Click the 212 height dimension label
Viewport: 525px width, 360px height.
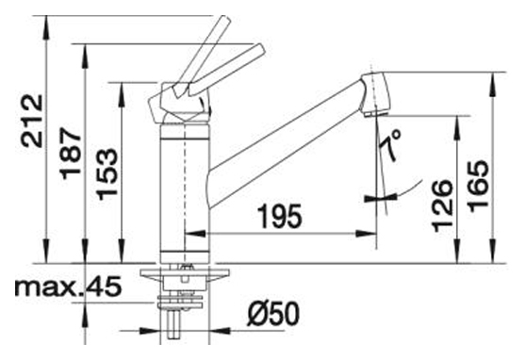pyautogui.click(x=32, y=121)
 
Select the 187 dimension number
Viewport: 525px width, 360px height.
pyautogui.click(x=71, y=153)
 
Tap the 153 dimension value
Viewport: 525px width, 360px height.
pyautogui.click(x=107, y=174)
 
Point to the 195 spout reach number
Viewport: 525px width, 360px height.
pyautogui.click(x=280, y=217)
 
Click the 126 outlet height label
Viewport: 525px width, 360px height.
pyautogui.click(x=442, y=206)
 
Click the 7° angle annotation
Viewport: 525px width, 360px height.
pyautogui.click(x=390, y=145)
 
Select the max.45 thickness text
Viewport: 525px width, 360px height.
pyautogui.click(x=68, y=287)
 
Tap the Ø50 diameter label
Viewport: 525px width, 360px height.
pyautogui.click(x=273, y=314)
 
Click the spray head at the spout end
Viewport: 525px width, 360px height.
pyautogui.click(x=375, y=94)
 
